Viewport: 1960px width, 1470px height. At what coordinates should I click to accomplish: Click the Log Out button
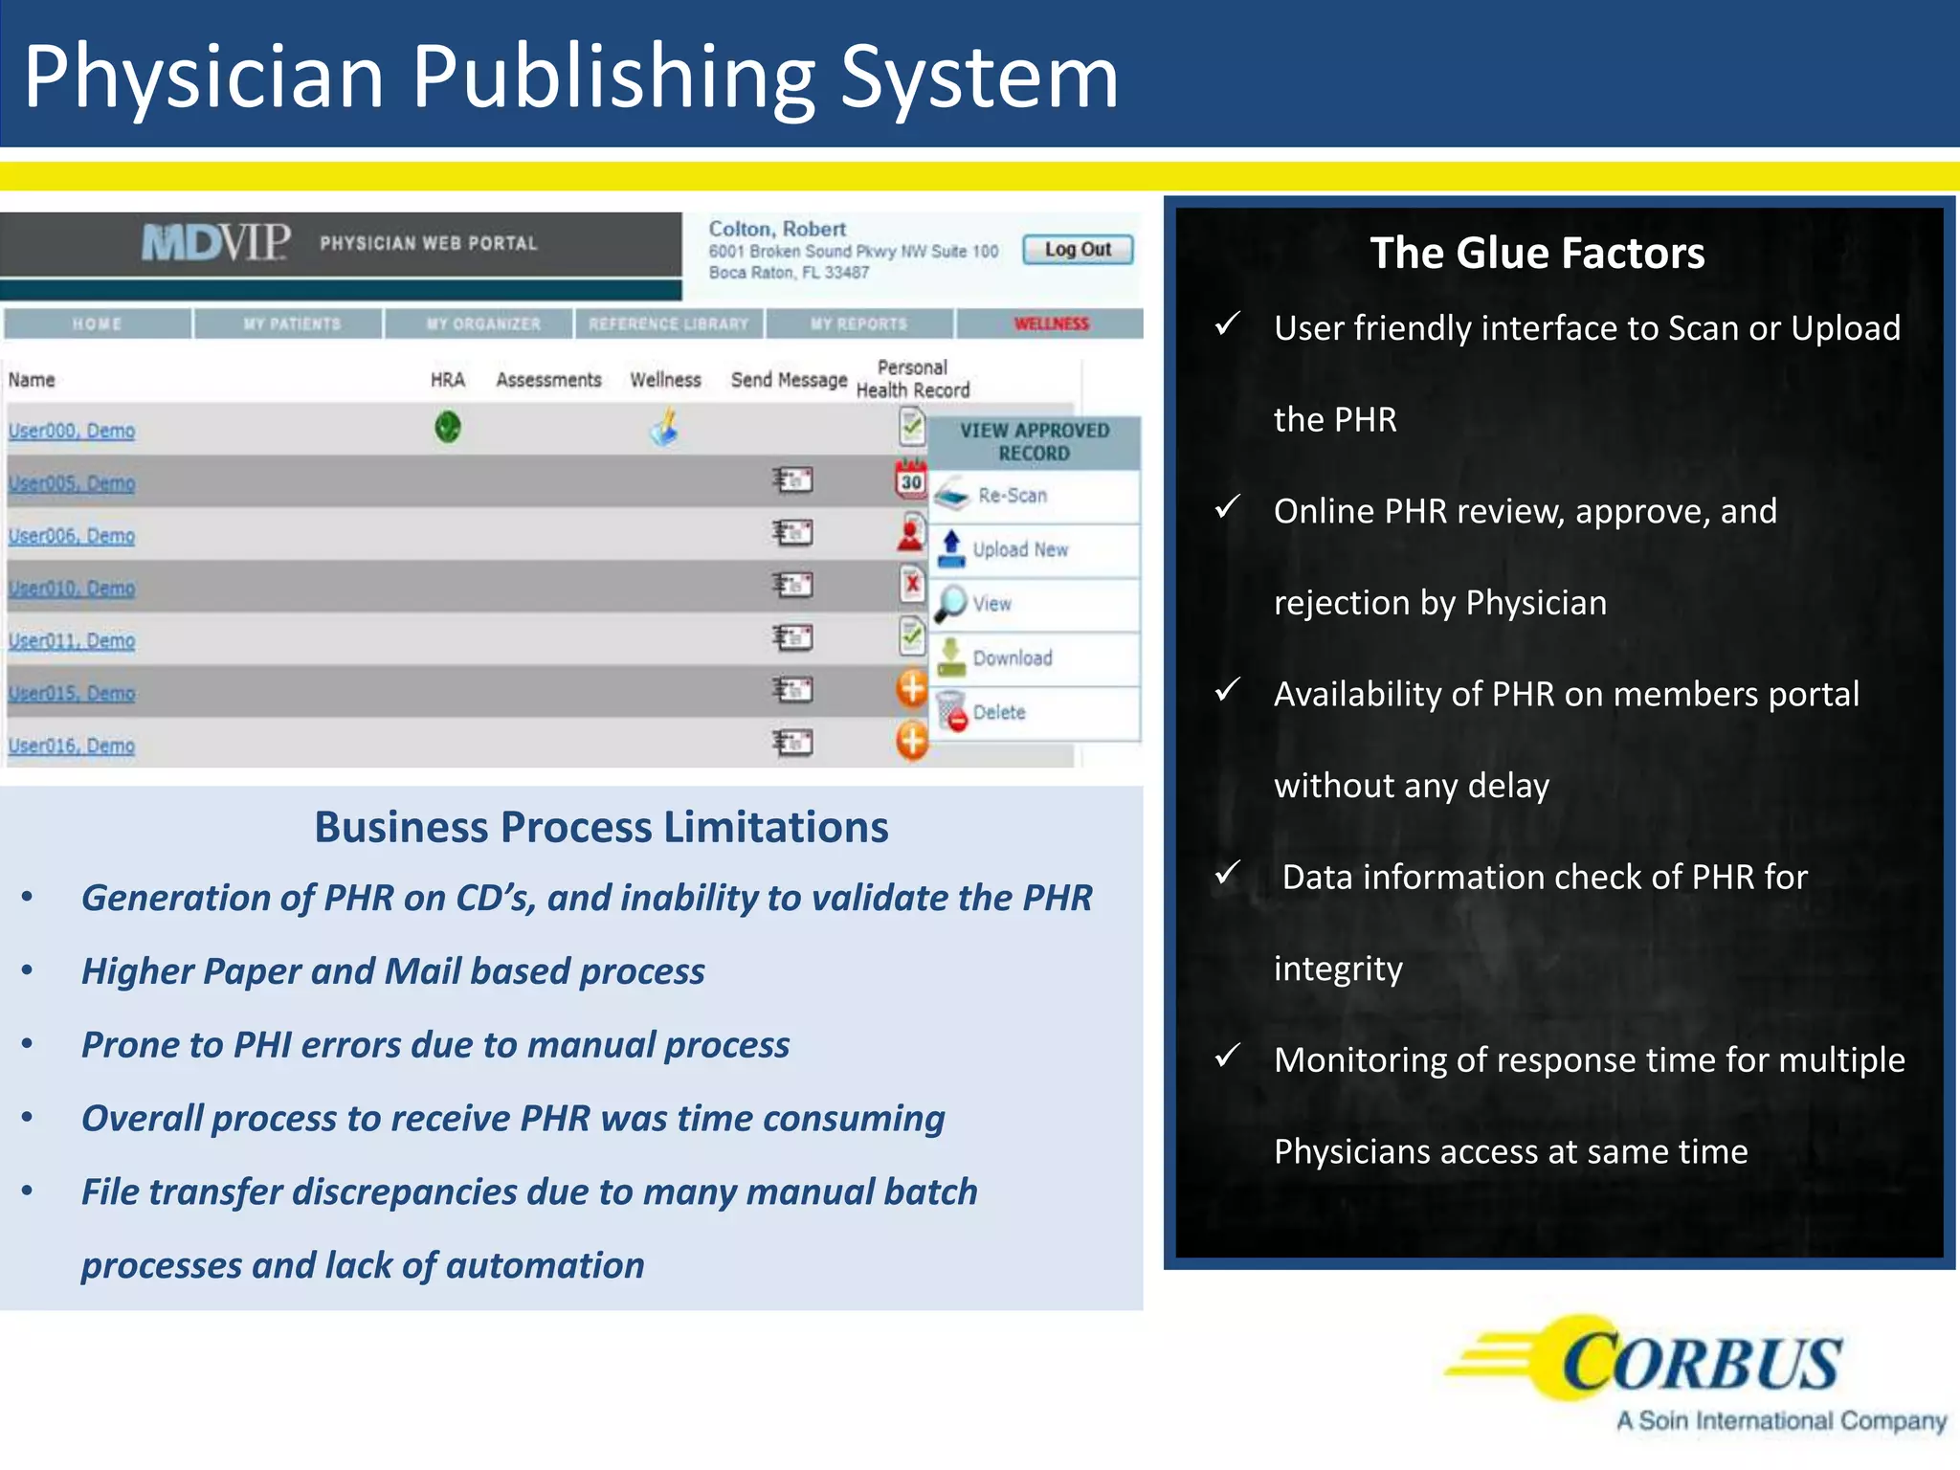pyautogui.click(x=1078, y=250)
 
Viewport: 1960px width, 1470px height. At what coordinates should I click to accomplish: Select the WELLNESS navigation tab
pyautogui.click(x=1051, y=323)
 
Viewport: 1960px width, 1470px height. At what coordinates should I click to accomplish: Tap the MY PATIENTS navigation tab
pyautogui.click(x=291, y=323)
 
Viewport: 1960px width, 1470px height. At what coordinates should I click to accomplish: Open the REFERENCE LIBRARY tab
pyautogui.click(x=668, y=323)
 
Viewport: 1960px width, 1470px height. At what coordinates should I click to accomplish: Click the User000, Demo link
pyautogui.click(x=72, y=431)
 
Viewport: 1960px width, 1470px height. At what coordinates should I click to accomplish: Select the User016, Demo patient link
pyautogui.click(x=72, y=746)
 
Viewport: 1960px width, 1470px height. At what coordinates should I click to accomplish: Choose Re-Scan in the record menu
pyautogui.click(x=1012, y=496)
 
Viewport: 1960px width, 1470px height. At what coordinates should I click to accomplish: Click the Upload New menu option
pyautogui.click(x=1019, y=549)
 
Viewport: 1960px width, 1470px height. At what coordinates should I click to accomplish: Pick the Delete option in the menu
pyautogui.click(x=998, y=712)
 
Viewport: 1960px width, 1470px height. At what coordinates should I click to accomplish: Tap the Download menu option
pyautogui.click(x=1012, y=658)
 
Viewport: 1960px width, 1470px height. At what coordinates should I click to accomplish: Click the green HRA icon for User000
pyautogui.click(x=448, y=427)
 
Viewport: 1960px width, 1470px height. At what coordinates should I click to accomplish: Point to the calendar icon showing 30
pyautogui.click(x=911, y=479)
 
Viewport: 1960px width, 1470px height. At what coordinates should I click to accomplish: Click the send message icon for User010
pyautogui.click(x=792, y=585)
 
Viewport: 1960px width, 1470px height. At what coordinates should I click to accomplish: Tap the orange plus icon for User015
pyautogui.click(x=912, y=688)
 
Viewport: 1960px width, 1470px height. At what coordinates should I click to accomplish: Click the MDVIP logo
pyautogui.click(x=216, y=243)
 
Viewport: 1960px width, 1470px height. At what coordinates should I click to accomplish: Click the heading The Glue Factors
pyautogui.click(x=1537, y=254)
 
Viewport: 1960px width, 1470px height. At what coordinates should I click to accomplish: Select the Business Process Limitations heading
pyautogui.click(x=601, y=827)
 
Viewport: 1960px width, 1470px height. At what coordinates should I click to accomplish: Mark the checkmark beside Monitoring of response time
pyautogui.click(x=1228, y=1056)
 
